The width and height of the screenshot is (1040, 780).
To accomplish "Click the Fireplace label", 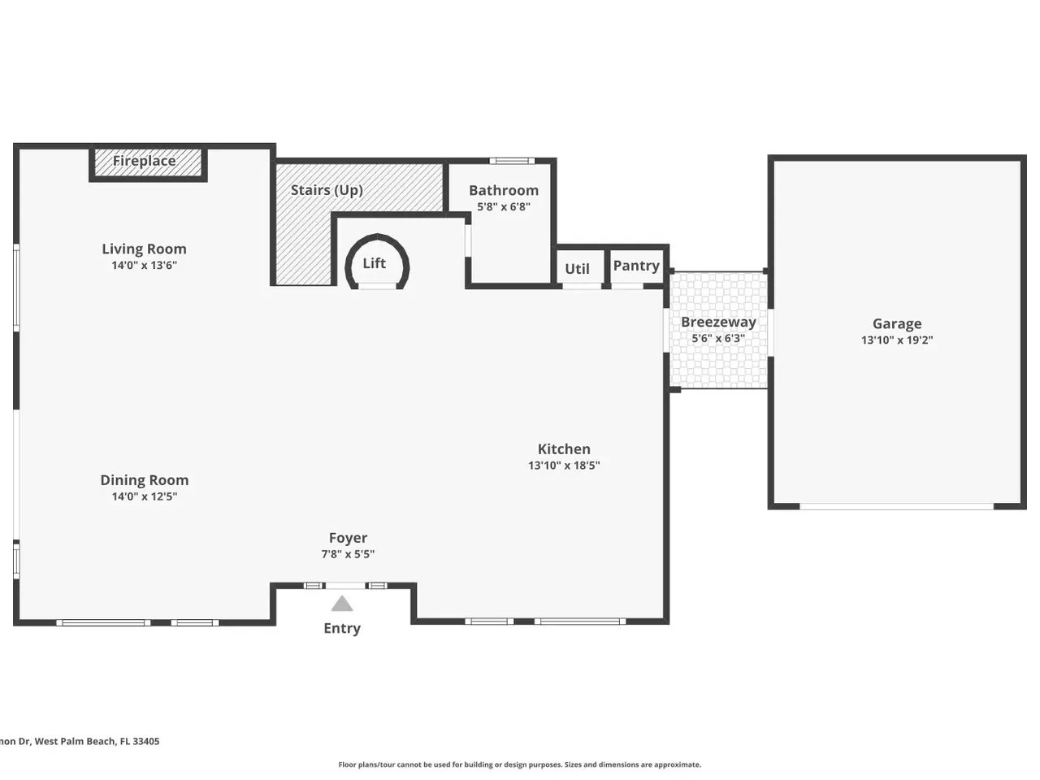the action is pyautogui.click(x=144, y=161).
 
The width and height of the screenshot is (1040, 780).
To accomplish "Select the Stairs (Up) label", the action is pyautogui.click(x=327, y=190).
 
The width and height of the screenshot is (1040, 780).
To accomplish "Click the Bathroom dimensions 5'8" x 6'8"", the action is pyautogui.click(x=504, y=207).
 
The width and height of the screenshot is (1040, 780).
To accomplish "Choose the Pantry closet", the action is pyautogui.click(x=636, y=266).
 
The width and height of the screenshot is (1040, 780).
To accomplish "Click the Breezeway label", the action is pyautogui.click(x=718, y=323).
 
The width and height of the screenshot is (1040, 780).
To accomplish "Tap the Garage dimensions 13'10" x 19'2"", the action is pyautogui.click(x=897, y=340).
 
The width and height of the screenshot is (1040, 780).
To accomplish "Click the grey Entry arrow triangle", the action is pyautogui.click(x=342, y=604).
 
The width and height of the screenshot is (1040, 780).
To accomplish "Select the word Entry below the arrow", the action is pyautogui.click(x=342, y=628).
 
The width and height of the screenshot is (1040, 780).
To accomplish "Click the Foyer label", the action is pyautogui.click(x=348, y=538).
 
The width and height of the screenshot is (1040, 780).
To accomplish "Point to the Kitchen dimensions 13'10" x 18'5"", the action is pyautogui.click(x=564, y=466).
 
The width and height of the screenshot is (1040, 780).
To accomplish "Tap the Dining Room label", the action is pyautogui.click(x=145, y=480).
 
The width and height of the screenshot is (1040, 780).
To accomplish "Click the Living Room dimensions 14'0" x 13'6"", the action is pyautogui.click(x=145, y=265).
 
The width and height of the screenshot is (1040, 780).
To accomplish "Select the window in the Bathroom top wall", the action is pyautogui.click(x=512, y=161).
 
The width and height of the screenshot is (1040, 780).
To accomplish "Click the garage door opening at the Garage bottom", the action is pyautogui.click(x=896, y=507).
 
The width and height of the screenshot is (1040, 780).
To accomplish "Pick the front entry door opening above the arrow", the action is pyautogui.click(x=345, y=586).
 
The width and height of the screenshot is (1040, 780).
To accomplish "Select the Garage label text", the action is pyautogui.click(x=897, y=324).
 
